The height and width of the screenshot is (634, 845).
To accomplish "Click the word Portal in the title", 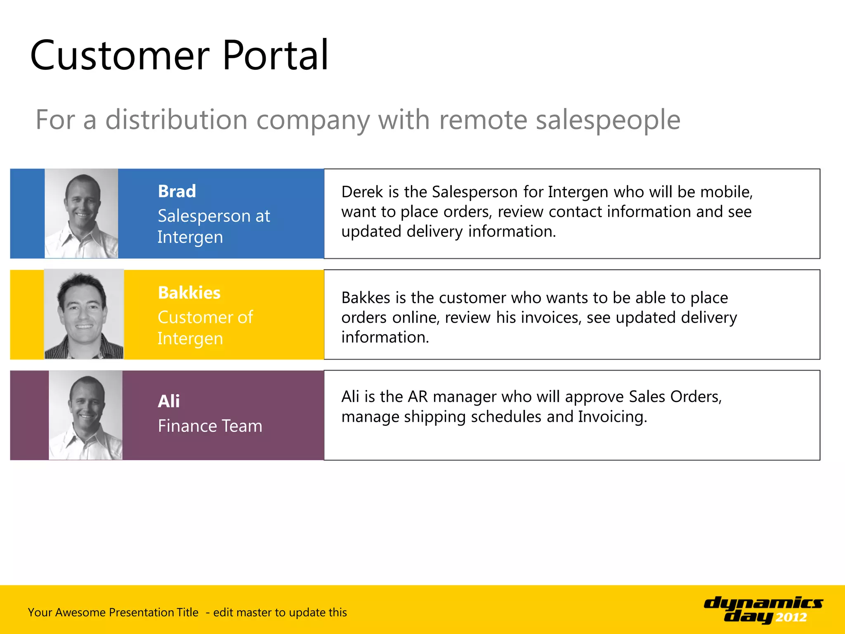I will [x=275, y=56].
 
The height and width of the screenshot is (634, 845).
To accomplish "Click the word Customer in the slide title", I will [x=120, y=56].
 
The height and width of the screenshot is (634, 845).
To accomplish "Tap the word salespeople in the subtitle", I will [x=608, y=120].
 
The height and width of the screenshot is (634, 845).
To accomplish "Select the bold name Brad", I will [x=177, y=192].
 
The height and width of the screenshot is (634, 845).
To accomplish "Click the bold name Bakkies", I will [x=189, y=293].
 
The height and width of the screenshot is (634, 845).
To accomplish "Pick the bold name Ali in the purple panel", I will [x=169, y=401].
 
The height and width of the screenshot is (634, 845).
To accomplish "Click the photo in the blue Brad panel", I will [x=81, y=213].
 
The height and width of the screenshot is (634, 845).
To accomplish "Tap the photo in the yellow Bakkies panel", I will [x=84, y=314].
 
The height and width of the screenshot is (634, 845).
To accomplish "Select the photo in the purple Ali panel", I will [x=85, y=415].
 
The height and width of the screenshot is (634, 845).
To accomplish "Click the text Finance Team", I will [x=210, y=426].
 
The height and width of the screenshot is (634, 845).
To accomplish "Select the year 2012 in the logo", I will [x=791, y=617].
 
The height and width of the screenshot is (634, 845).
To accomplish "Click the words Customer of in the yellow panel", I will [x=205, y=317].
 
